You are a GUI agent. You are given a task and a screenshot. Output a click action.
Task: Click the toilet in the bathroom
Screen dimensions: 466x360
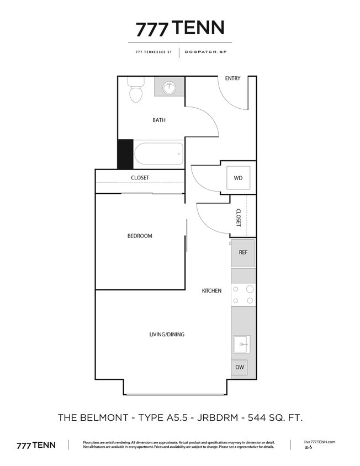136,92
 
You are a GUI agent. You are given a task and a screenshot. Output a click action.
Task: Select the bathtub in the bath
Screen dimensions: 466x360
158,153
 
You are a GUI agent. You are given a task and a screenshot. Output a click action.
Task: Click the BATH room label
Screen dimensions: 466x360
159,120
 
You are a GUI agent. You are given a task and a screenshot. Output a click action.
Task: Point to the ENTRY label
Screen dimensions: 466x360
232,78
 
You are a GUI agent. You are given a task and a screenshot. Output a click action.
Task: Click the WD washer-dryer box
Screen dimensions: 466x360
239,178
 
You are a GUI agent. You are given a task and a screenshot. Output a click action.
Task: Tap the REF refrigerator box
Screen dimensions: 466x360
243,253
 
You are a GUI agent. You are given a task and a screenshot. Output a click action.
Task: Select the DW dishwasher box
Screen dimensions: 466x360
240,367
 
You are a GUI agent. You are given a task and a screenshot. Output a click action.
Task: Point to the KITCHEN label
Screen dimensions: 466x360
211,290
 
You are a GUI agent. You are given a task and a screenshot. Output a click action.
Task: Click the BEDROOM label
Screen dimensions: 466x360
140,236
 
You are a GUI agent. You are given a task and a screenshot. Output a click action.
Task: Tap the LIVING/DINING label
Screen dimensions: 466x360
167,334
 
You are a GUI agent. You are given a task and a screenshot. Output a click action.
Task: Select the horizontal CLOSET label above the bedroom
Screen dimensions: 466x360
140,178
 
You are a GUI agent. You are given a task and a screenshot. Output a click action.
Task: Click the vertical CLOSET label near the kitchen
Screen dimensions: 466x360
239,217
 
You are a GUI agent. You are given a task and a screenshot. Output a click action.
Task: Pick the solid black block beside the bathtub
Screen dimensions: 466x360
125,154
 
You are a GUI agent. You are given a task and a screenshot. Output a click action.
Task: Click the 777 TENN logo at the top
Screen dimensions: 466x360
180,28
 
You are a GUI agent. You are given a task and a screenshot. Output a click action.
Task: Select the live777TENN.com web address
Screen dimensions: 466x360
320,442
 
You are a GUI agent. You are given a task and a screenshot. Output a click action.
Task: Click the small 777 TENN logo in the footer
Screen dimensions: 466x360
36,445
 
